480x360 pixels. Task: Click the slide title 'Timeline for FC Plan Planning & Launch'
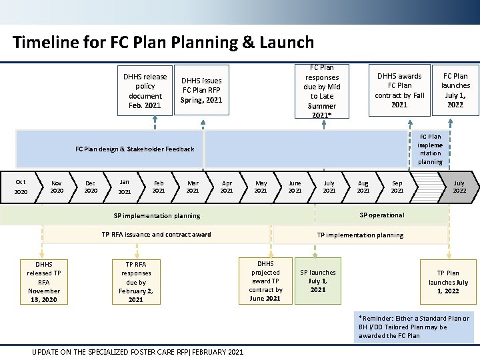[163, 43]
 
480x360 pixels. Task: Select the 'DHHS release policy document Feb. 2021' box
[145, 91]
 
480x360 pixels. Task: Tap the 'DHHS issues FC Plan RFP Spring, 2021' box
[201, 91]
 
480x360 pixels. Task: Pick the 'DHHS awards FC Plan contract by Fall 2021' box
[399, 91]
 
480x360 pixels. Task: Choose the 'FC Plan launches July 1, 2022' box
[455, 91]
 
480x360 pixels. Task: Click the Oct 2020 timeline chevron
[21, 187]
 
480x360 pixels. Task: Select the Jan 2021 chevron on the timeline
[125, 187]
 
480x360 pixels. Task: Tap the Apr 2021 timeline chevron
[227, 187]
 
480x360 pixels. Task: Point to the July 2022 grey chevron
[459, 187]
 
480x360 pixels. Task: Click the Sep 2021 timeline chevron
[397, 187]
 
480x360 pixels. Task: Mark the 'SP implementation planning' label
[157, 216]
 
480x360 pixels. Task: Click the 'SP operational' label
[381, 215]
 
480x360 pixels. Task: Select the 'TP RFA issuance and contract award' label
[156, 235]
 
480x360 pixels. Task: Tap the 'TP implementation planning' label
[360, 235]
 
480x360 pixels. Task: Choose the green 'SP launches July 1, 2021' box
[318, 281]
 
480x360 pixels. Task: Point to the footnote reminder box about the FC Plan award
[413, 327]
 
